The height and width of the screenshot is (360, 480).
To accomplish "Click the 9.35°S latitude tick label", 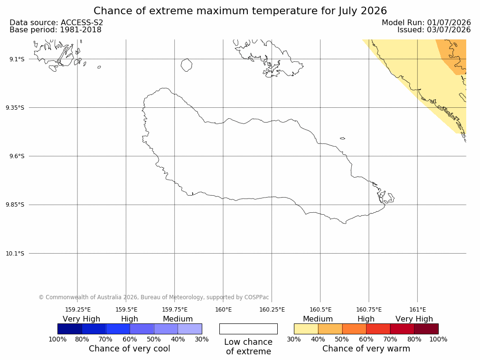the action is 15,108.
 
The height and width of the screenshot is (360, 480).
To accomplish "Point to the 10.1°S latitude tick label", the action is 15,254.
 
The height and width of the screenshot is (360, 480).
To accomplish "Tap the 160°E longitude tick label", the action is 224,310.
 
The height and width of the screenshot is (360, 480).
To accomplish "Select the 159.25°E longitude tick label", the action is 78,310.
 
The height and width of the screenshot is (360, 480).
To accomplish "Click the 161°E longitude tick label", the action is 417,310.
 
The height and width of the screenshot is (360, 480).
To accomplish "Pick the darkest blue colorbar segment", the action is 70,329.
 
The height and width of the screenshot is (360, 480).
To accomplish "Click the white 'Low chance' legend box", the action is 249,329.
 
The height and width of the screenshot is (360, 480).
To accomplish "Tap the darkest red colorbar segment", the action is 426,329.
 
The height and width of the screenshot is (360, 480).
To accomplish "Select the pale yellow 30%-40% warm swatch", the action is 306,329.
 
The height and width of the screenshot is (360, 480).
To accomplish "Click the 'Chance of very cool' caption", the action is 130,349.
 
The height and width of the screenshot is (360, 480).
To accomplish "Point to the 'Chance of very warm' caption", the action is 366,349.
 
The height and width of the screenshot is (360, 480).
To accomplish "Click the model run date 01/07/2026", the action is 449,23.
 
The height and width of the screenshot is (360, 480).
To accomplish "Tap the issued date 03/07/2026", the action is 449,30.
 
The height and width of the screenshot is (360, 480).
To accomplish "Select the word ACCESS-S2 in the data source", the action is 82,23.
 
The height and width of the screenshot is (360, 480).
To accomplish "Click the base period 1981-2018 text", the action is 81,30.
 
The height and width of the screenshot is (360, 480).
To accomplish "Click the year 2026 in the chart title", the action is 374,11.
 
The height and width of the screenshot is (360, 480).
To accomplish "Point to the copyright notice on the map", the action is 154,297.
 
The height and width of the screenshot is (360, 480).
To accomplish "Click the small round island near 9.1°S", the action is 187,65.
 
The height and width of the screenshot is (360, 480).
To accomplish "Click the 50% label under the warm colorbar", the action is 342,339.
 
